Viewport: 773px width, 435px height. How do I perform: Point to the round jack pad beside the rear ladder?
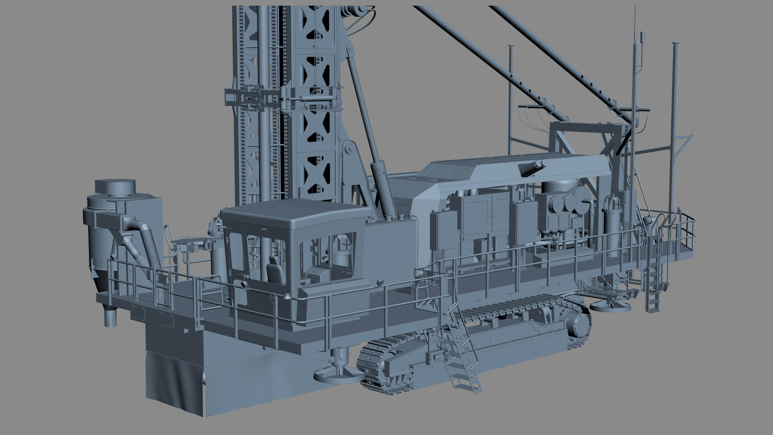pos(610,306)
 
